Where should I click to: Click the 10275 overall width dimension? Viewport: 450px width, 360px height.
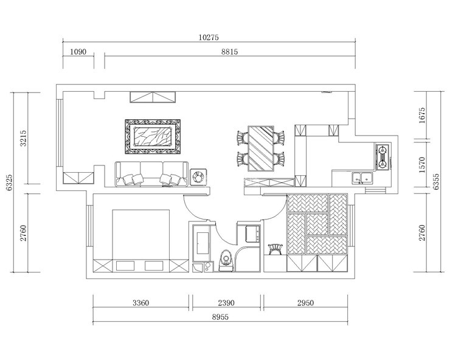click(x=209, y=37)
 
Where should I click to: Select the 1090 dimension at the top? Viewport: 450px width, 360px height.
click(x=78, y=52)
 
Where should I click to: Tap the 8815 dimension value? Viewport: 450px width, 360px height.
click(x=230, y=52)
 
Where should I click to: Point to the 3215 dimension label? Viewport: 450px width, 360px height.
click(x=23, y=138)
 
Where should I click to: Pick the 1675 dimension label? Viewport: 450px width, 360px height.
click(x=422, y=115)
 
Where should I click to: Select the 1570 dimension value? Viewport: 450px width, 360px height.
click(x=422, y=165)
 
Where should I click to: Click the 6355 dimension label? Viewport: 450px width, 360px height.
click(x=436, y=181)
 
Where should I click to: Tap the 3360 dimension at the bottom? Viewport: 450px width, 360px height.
click(x=140, y=303)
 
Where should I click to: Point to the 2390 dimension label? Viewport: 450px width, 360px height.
click(x=226, y=303)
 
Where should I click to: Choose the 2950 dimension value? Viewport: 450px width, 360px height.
click(x=305, y=303)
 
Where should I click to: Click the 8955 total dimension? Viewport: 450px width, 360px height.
click(x=220, y=317)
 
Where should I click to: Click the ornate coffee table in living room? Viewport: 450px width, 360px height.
click(x=153, y=136)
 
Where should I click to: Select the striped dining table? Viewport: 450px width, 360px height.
click(x=261, y=148)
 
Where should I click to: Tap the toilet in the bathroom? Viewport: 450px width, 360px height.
click(x=226, y=261)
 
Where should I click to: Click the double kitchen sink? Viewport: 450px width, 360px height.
click(x=363, y=178)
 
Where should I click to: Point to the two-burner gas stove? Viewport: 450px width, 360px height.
click(x=382, y=157)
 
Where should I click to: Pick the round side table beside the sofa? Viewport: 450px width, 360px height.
click(x=198, y=177)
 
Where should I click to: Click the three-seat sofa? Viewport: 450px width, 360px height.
click(x=152, y=174)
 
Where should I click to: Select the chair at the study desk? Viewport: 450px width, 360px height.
click(x=275, y=249)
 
